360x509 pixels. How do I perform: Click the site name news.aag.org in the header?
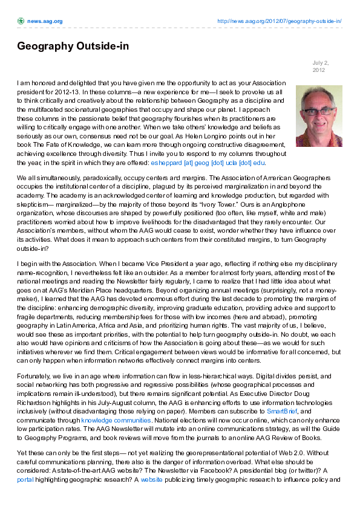[44, 21]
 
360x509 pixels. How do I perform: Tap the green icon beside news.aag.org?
[21, 21]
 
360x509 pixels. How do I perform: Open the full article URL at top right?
[279, 21]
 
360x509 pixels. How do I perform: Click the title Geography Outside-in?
[73, 47]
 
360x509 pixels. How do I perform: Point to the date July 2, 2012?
[319, 66]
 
